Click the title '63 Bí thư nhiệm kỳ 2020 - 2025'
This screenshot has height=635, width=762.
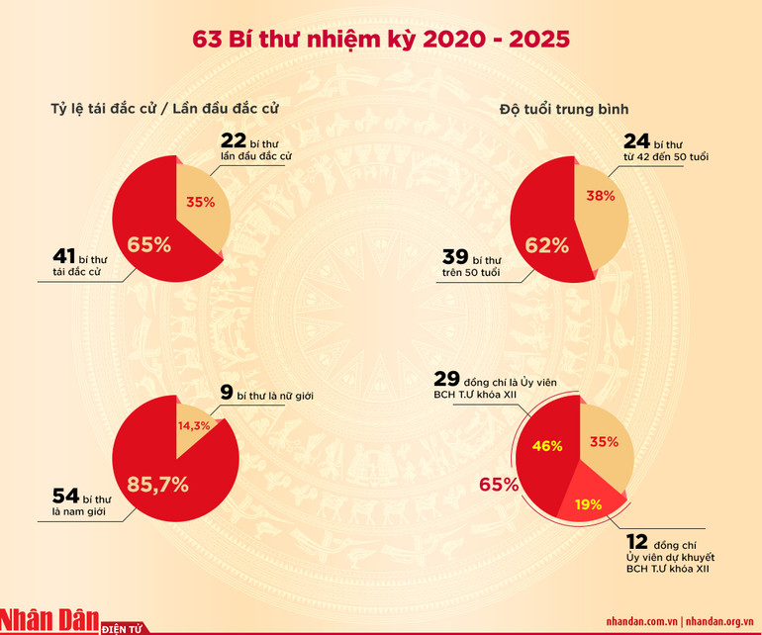pos(381,40)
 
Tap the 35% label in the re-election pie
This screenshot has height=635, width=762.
pos(201,203)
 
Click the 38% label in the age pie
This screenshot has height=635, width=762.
pos(601,196)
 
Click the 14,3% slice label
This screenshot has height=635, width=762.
pos(195,427)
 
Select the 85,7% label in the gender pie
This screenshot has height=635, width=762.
pos(157,485)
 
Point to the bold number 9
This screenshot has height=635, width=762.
pos(227,394)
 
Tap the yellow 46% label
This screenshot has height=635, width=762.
pos(546,446)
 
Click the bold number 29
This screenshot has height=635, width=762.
pos(446,380)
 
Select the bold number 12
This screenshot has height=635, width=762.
pos(638,543)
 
